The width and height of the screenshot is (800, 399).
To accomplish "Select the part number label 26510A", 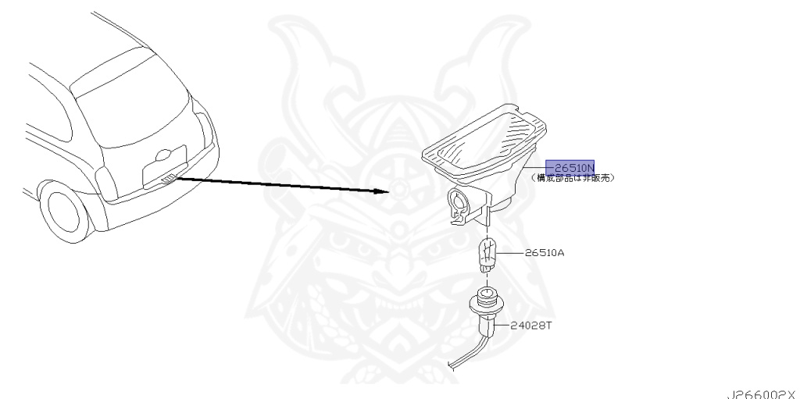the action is [x=544, y=253].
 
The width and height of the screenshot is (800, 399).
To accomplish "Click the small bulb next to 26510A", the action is [x=487, y=255].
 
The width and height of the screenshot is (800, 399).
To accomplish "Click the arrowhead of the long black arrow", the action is [x=383, y=191].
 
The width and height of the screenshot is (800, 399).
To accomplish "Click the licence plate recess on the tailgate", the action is [x=164, y=165].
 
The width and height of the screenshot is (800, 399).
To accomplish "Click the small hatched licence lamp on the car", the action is [x=166, y=180].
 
